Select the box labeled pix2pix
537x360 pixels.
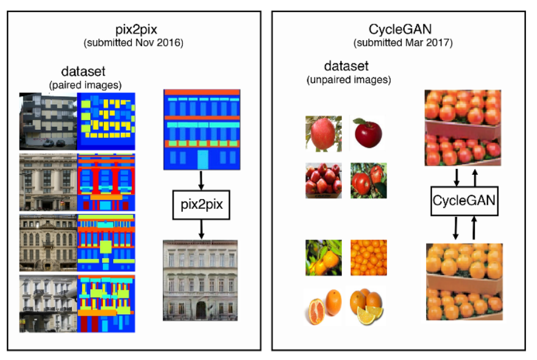point(201,206)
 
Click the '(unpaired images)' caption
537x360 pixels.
point(349,80)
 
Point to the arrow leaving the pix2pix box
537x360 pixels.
point(201,230)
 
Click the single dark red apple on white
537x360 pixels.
point(368,133)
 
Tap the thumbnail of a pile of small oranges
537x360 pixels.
point(368,257)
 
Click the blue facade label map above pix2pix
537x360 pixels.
point(201,130)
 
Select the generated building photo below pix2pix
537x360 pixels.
point(201,280)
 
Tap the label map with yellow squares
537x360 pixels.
point(106,121)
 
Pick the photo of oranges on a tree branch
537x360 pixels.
point(324,257)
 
